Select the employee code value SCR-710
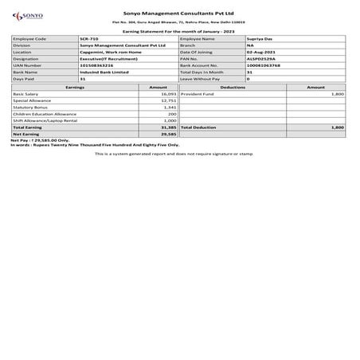90,38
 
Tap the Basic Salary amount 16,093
168,93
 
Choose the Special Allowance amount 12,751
168,100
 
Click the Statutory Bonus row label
29,107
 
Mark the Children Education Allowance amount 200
172,113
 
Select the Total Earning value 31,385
167,127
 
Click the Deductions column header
233,86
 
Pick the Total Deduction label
199,127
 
